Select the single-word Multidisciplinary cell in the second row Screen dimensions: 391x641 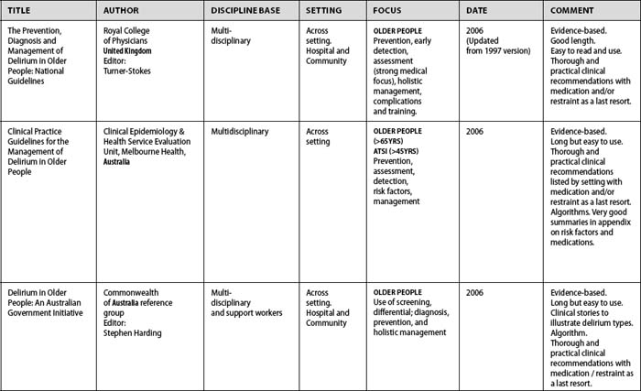pos(242,132)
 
